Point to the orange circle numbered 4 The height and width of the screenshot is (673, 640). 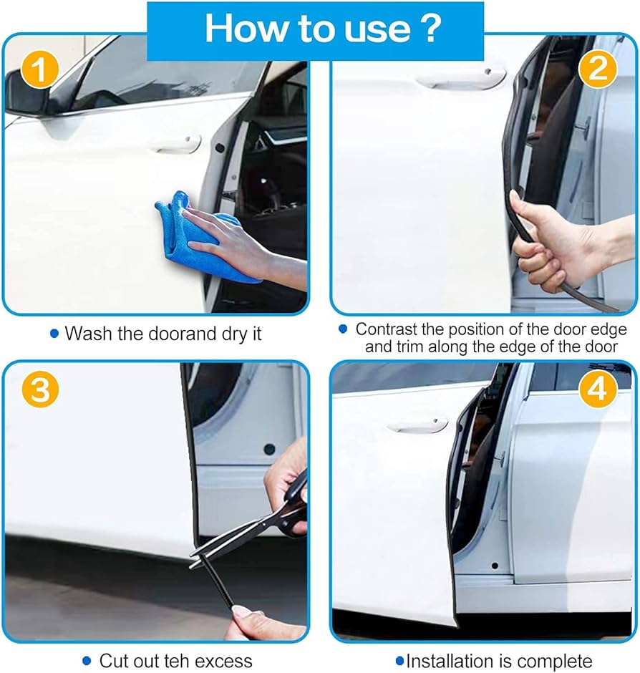tap(597, 390)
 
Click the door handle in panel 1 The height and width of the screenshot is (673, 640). tap(176, 144)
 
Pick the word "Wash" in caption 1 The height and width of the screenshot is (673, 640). tap(88, 334)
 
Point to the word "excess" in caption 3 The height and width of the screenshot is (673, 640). tap(222, 661)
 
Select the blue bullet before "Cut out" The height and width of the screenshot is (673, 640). tap(87, 660)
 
